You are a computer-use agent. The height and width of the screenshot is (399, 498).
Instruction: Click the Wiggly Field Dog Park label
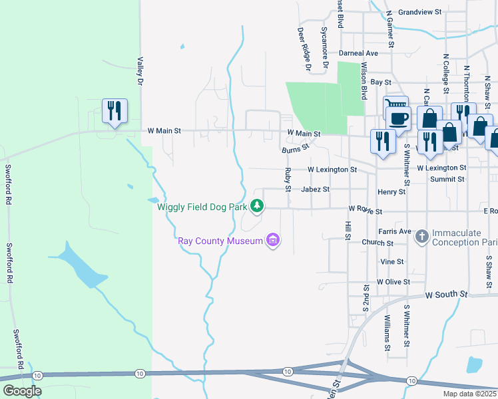202,207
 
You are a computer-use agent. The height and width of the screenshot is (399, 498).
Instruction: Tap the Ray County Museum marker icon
272,240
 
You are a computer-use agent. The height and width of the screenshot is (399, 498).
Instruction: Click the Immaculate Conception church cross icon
421,236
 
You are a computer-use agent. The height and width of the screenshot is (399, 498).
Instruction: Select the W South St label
447,293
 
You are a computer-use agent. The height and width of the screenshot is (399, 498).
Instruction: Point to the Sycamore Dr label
325,47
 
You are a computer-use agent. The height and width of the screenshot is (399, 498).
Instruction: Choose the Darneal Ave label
358,53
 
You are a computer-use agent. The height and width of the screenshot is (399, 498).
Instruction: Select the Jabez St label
315,190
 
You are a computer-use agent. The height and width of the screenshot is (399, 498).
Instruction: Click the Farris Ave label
395,231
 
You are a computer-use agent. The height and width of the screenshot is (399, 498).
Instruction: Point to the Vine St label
391,262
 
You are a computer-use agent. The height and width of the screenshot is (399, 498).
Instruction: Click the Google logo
22,391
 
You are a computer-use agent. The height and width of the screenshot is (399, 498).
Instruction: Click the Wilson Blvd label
364,81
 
